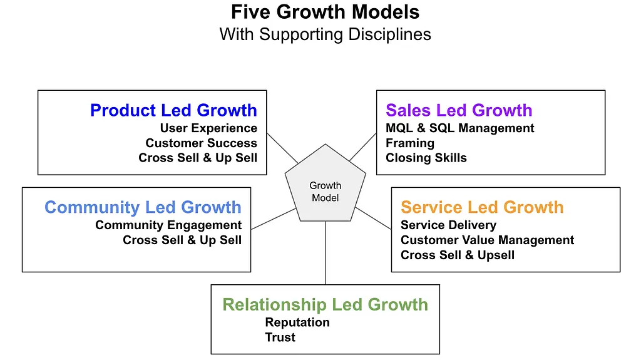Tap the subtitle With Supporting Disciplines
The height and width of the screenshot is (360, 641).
click(325, 35)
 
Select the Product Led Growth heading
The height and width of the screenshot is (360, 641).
click(173, 110)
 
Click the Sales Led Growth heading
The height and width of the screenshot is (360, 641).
click(459, 110)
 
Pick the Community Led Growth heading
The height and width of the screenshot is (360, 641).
click(143, 207)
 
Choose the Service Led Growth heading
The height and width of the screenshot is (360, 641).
click(482, 207)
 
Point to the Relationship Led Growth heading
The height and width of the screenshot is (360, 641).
click(325, 305)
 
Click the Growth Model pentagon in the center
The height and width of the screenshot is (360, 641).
click(326, 184)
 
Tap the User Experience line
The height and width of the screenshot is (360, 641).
click(208, 128)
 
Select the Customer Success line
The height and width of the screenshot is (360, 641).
click(201, 143)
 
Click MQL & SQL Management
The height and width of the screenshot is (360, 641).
click(460, 128)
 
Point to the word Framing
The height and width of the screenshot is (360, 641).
click(410, 143)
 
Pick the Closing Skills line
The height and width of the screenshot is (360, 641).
click(426, 158)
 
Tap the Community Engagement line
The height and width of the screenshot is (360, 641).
click(168, 225)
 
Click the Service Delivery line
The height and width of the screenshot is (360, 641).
click(448, 225)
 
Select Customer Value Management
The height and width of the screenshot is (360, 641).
click(487, 240)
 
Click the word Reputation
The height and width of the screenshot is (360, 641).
click(297, 323)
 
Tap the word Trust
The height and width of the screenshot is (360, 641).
click(280, 337)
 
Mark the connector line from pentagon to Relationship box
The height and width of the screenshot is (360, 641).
click(326, 253)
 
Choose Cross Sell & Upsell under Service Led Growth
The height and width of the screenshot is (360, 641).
click(458, 255)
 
